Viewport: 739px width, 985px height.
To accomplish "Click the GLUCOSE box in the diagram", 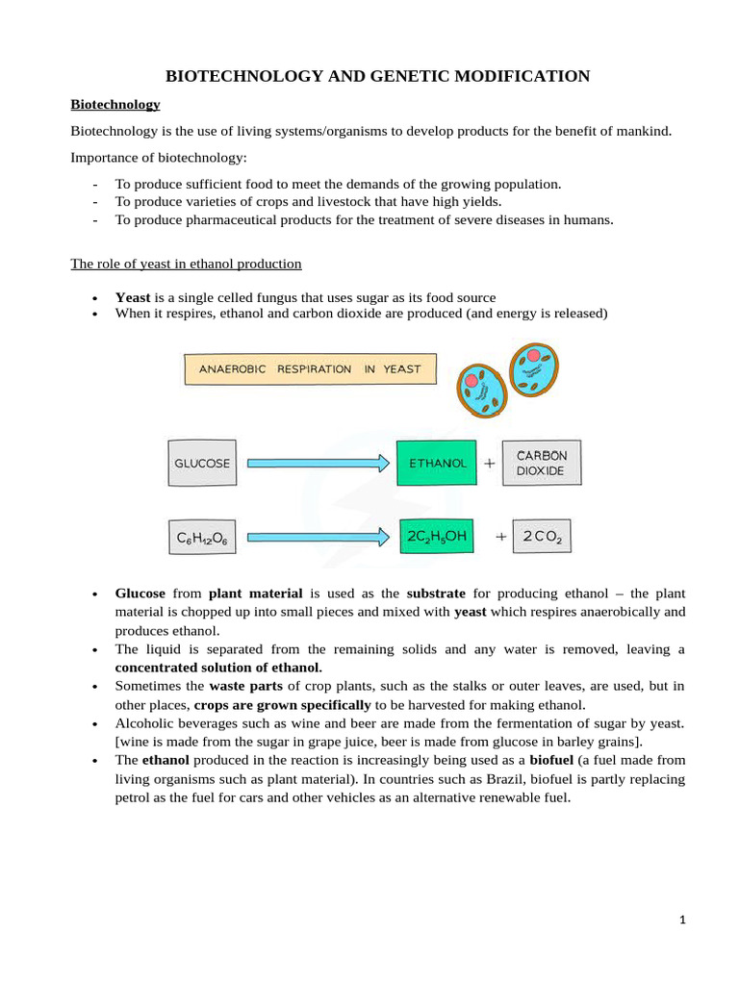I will click(202, 463).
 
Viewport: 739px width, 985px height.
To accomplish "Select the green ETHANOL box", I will click(437, 463).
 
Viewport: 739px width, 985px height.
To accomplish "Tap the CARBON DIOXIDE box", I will click(542, 463).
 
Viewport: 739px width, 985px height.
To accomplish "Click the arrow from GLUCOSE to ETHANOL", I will click(318, 463).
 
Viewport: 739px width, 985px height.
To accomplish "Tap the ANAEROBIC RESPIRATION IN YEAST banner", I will click(309, 369).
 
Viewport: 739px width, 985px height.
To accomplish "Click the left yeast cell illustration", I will click(482, 389).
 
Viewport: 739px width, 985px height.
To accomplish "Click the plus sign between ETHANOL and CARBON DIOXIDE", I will click(490, 463).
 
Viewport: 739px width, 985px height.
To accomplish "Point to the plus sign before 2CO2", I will click(500, 538).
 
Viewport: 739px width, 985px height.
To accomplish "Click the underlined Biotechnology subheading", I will click(115, 104).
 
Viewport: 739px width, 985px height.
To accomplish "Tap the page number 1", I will click(682, 921).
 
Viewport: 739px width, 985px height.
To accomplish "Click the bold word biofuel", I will click(551, 760).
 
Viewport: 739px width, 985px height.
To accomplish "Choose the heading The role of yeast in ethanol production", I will click(186, 264).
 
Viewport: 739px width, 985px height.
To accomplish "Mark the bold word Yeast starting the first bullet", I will click(133, 298).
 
